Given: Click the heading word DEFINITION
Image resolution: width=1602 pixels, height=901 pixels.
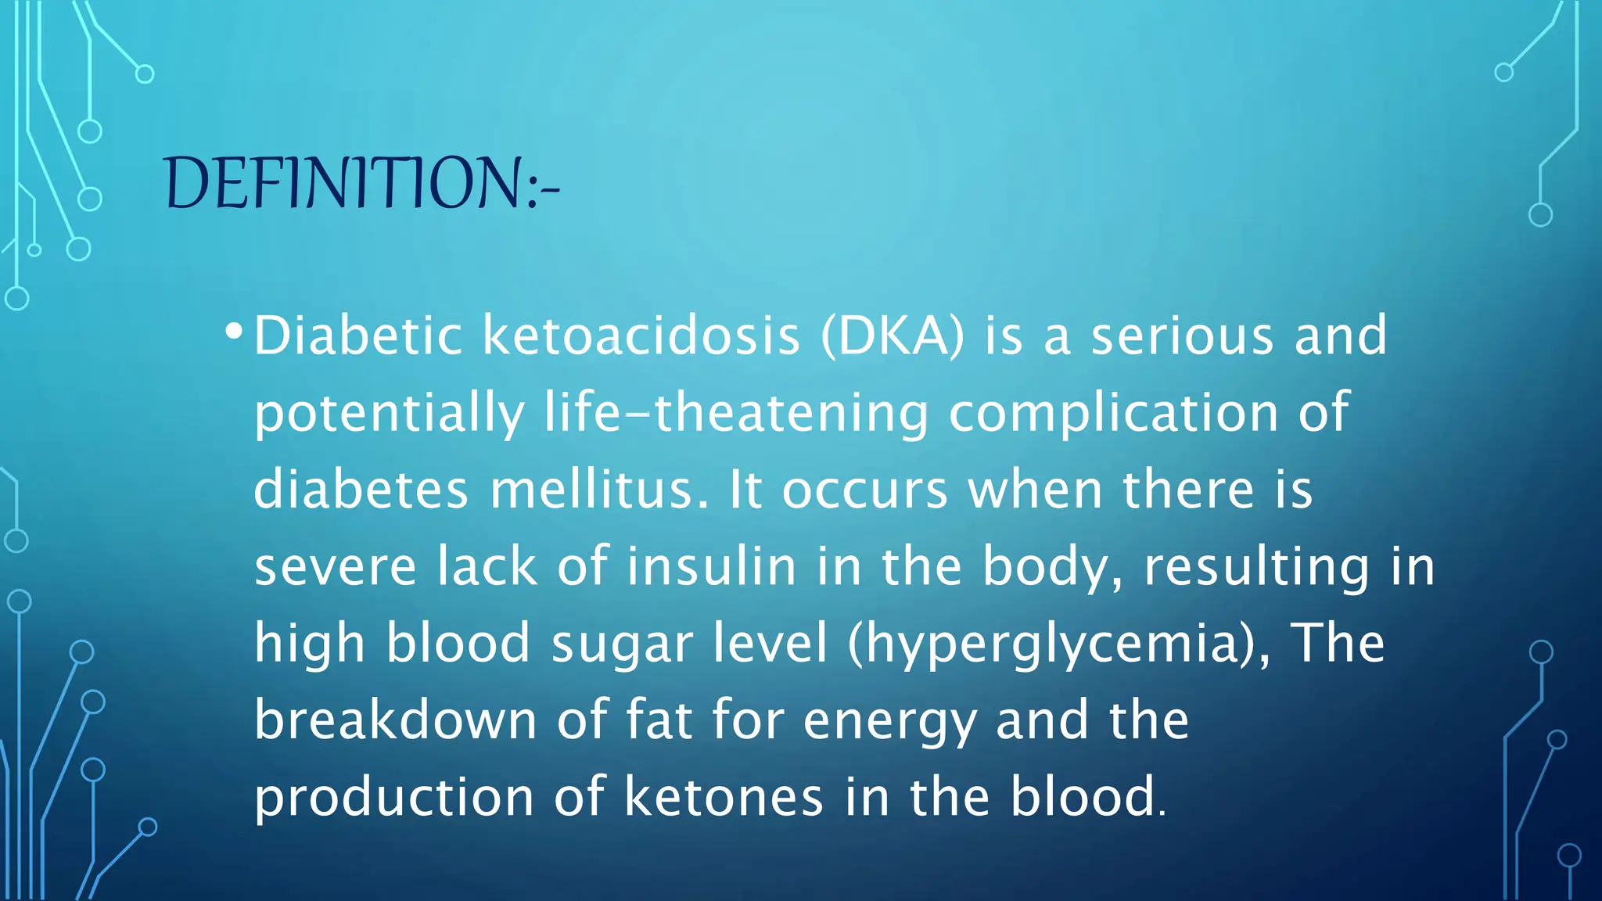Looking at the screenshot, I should point(344,183).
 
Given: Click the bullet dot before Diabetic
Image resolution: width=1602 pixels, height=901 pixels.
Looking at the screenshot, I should point(233,332).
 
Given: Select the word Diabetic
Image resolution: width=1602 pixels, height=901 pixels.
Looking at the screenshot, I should point(358,336).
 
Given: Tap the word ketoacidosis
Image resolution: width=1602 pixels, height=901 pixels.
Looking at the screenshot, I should point(641,336).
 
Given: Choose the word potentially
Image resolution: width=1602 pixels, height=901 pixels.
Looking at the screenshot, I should point(389,412).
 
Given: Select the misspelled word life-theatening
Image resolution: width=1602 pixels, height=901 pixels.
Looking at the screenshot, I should point(736,412).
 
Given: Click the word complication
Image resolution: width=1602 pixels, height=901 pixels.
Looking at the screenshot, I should point(1113,412).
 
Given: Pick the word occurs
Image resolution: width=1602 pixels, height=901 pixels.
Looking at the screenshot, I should point(864,490).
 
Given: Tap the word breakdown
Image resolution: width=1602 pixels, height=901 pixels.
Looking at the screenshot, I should point(395,720).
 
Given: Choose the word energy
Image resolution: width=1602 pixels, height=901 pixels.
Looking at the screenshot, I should point(889,720).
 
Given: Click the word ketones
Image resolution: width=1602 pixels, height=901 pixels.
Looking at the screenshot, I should point(724,797).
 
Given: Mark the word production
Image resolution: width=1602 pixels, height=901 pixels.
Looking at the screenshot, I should point(393,797).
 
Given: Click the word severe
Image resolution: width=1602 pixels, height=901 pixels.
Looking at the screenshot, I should point(335,566).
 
